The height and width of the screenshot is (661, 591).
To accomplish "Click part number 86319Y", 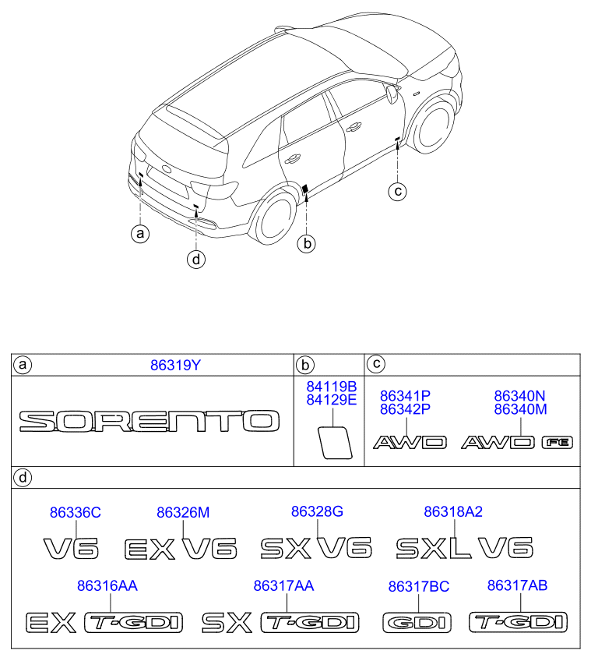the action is coord(175,365).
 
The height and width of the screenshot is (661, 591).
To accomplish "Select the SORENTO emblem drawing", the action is coord(150,421).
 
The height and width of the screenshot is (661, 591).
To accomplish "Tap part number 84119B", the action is coord(332,387).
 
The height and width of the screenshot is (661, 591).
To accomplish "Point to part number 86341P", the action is coord(405,396).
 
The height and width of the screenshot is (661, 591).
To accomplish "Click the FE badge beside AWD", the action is coord(557,442).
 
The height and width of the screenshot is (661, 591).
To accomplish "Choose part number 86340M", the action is coord(520,409).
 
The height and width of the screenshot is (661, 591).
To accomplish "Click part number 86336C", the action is coord(76,513).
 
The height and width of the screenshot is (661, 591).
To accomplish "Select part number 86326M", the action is coord(183,513).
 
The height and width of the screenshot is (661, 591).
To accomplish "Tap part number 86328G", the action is coord(317,511).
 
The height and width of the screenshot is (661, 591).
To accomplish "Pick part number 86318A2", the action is coord(453,511).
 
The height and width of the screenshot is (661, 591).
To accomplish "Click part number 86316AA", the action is coord(107,585).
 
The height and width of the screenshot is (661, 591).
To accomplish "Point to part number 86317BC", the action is coord(419,586).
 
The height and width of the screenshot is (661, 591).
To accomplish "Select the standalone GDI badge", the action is coord(417,623).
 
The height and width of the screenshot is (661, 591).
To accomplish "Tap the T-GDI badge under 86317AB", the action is coord(518,622).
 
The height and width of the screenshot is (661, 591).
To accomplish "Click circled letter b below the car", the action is coord(307,243).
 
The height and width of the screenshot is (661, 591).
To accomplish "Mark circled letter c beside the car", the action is coord(397,191).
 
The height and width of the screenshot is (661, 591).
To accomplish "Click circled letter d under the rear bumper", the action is coord(196,259).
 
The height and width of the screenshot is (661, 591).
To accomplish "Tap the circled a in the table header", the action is coord(23,365).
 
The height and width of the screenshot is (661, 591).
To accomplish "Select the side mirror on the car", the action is coord(392,94).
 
